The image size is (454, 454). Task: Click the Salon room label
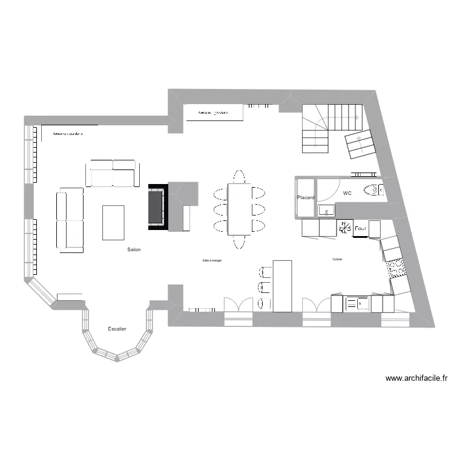(x=134, y=249)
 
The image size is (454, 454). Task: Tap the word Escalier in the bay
(x=117, y=329)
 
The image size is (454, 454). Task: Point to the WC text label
(x=347, y=193)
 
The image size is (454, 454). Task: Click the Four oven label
(x=361, y=228)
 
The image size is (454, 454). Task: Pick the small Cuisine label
(x=337, y=259)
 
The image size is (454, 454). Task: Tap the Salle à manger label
(x=212, y=260)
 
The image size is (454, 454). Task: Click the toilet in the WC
(x=373, y=191)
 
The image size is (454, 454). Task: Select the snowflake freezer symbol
(x=344, y=228)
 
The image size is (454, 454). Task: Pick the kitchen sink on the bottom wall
(x=357, y=303)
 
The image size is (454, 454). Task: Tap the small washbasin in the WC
(x=327, y=211)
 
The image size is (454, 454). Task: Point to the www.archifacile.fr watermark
(x=417, y=379)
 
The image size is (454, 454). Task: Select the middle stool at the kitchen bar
(x=264, y=287)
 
